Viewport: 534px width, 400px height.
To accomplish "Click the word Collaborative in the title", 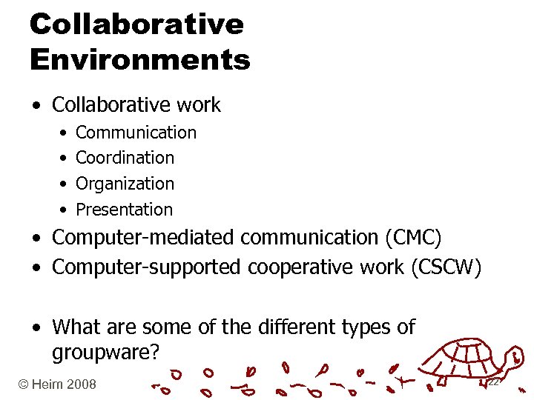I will [136, 24].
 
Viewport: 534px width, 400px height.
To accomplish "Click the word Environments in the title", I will [140, 59].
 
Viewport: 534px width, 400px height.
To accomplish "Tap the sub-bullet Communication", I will [136, 133].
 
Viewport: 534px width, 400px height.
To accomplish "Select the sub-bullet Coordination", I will [125, 158].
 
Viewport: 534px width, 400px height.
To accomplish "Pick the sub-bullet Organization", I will [125, 184].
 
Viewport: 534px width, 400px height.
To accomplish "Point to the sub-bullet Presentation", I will [124, 210].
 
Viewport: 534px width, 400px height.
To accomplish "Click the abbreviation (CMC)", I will [412, 239].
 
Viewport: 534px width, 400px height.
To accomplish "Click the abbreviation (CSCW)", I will [445, 267].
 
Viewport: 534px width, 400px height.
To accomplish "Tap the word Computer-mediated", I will [142, 239].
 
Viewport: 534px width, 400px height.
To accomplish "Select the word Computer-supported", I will [146, 267].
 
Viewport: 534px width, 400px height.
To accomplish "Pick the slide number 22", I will [492, 382].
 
